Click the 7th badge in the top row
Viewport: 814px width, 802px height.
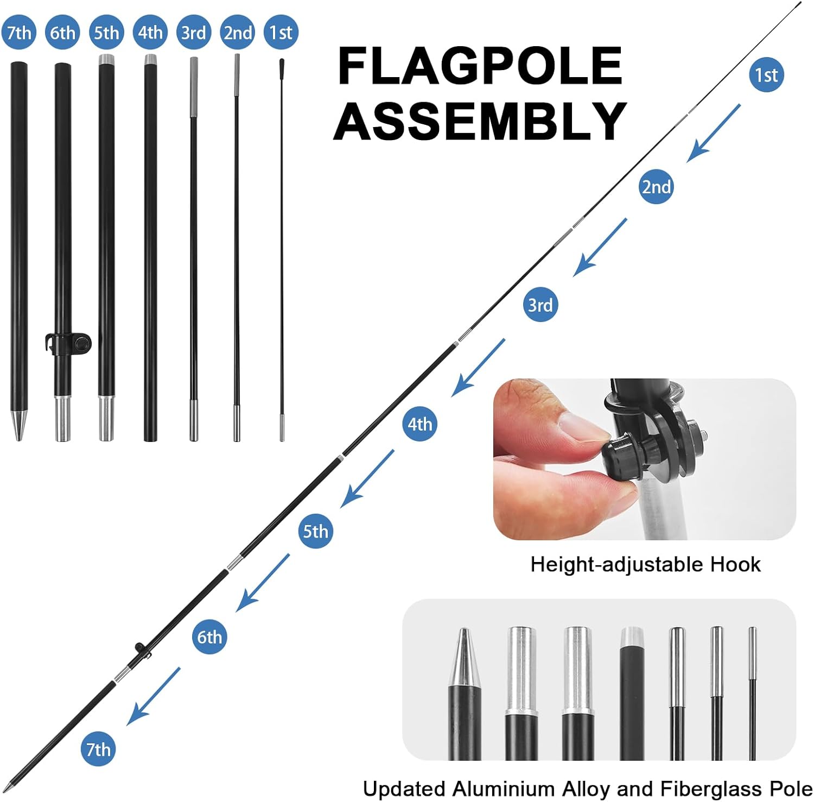(x=19, y=33)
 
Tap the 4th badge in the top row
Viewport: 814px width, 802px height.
(x=150, y=33)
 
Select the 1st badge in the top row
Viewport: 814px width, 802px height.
(x=281, y=33)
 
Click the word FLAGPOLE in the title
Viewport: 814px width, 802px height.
(x=480, y=66)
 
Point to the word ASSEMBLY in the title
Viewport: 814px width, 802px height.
(x=480, y=120)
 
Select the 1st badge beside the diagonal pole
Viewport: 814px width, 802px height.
(x=766, y=75)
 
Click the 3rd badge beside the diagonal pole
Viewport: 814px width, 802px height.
(x=540, y=305)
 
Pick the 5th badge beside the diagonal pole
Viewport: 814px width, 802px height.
(x=315, y=531)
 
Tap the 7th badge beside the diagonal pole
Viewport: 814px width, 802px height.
(x=98, y=749)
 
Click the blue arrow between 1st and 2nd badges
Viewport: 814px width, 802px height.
(x=713, y=134)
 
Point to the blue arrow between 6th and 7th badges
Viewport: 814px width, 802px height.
(x=153, y=696)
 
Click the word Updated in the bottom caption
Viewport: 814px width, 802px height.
(x=404, y=788)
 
